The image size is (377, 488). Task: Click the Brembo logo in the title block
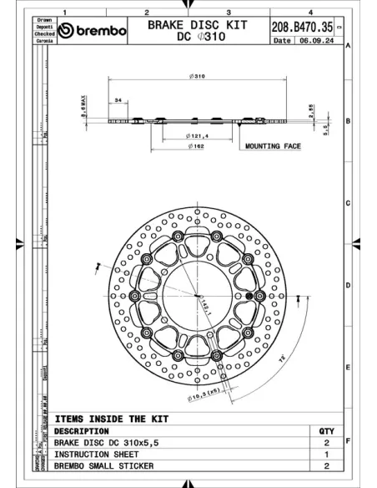click(96, 31)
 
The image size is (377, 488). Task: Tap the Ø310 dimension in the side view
click(197, 76)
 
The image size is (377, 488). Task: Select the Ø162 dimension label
click(197, 146)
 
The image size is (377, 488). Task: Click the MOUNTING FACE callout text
click(273, 146)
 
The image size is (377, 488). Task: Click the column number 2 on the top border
click(146, 13)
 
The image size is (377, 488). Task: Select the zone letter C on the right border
click(347, 203)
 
